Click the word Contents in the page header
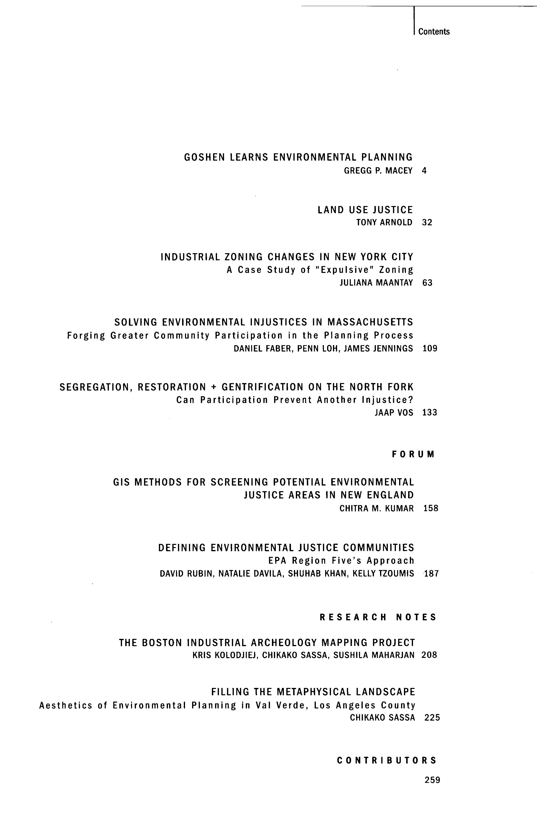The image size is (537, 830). (x=434, y=32)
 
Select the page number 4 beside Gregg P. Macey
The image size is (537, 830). (x=424, y=171)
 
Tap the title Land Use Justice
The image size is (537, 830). (x=365, y=210)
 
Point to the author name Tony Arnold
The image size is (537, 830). (x=384, y=222)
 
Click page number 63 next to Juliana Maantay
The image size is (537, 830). (x=427, y=283)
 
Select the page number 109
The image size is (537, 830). (x=430, y=348)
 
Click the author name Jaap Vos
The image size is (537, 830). (x=394, y=413)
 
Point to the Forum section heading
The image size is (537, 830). (x=413, y=454)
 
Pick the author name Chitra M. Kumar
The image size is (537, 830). (x=377, y=508)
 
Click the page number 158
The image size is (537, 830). (x=431, y=508)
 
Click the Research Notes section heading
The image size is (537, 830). (x=378, y=618)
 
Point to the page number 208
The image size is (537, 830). (x=429, y=655)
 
